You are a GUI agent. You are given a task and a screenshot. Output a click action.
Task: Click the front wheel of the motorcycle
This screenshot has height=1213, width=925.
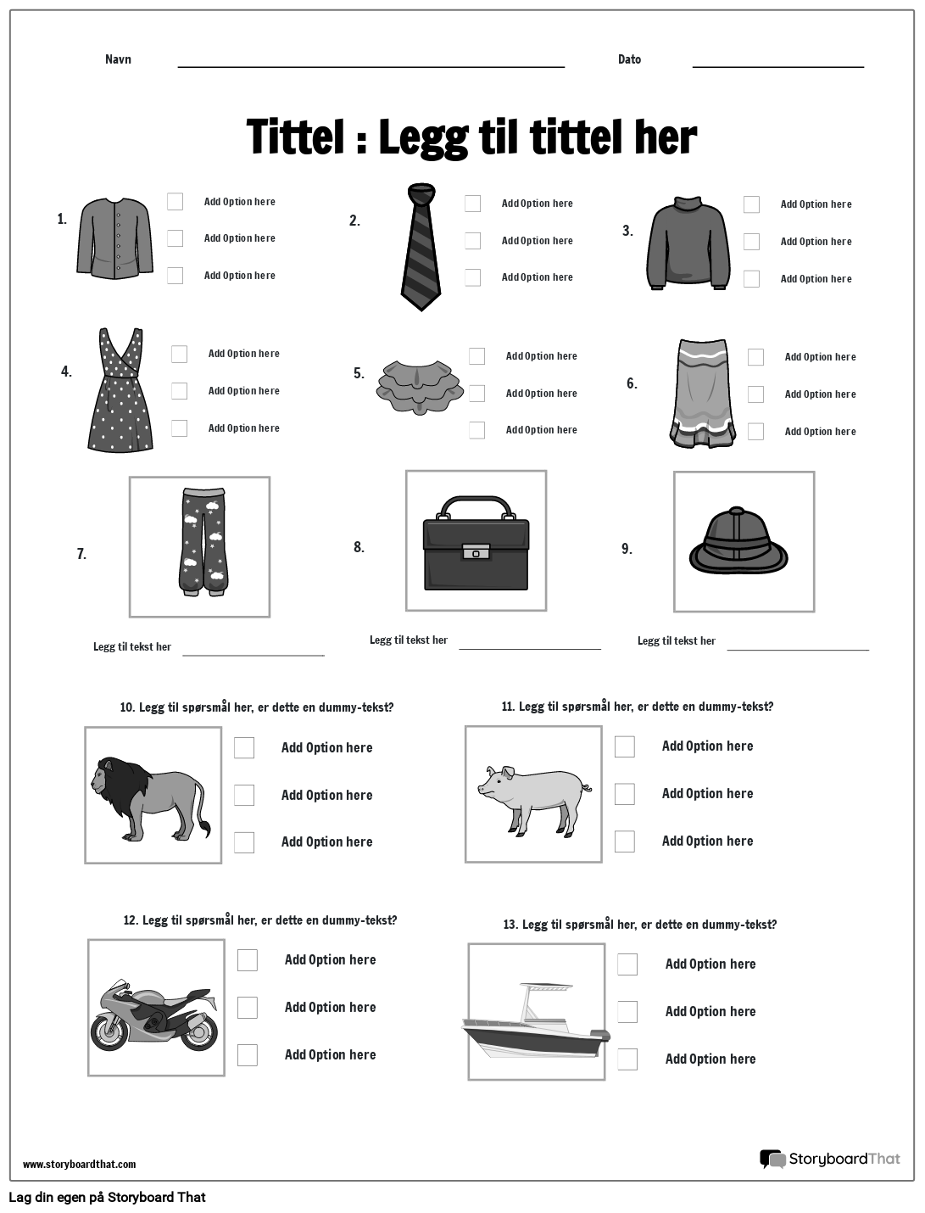point(109,1031)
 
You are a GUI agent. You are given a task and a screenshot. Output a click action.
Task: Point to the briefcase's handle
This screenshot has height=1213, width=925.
point(476,507)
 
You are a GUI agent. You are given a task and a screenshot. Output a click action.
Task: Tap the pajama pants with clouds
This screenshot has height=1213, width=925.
point(202,541)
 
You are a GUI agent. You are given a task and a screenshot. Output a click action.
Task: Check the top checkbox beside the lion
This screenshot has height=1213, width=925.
point(244,747)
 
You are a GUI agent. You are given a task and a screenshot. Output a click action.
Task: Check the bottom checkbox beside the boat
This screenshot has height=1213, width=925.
point(627,1059)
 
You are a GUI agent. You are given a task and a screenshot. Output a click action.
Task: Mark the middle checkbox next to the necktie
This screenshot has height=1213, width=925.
point(472,241)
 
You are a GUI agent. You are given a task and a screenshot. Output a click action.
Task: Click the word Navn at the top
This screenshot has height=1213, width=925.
point(118,59)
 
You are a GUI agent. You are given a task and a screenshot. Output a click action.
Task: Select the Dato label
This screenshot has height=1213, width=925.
point(629,59)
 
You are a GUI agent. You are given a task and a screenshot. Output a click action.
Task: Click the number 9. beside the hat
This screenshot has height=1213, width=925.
point(627,549)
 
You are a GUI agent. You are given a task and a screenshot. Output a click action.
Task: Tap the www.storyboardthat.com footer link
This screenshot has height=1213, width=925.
point(79,1164)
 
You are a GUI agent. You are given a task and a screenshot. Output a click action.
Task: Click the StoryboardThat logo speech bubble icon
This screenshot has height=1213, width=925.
point(772,1159)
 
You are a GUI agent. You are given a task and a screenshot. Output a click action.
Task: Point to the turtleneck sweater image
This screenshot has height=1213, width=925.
point(688,244)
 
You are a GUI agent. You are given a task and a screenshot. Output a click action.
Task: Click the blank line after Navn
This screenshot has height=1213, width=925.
point(371,64)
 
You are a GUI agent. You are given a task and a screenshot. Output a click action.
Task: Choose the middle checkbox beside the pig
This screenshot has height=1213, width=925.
point(625,794)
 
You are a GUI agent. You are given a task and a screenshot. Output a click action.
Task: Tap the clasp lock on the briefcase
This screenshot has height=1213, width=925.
point(476,553)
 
